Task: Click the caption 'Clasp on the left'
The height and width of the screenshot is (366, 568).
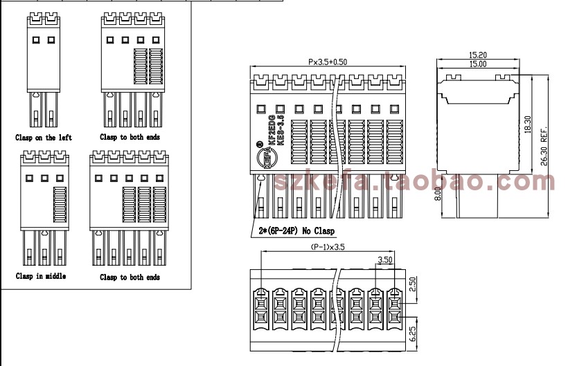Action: tap(43, 138)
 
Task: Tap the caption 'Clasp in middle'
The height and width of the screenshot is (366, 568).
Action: tap(41, 276)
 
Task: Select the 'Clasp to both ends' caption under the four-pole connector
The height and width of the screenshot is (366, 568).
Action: tap(130, 137)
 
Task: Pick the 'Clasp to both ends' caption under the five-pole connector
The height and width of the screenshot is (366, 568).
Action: tap(130, 277)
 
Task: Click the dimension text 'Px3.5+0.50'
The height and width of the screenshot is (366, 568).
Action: tap(328, 62)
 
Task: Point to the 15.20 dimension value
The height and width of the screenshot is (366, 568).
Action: tap(477, 55)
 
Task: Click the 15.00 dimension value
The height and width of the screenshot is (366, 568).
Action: tap(477, 64)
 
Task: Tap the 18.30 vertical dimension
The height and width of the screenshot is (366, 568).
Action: tap(527, 125)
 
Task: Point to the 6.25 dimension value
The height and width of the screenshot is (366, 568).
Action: tap(413, 333)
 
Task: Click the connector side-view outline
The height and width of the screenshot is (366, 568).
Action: tap(478, 138)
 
